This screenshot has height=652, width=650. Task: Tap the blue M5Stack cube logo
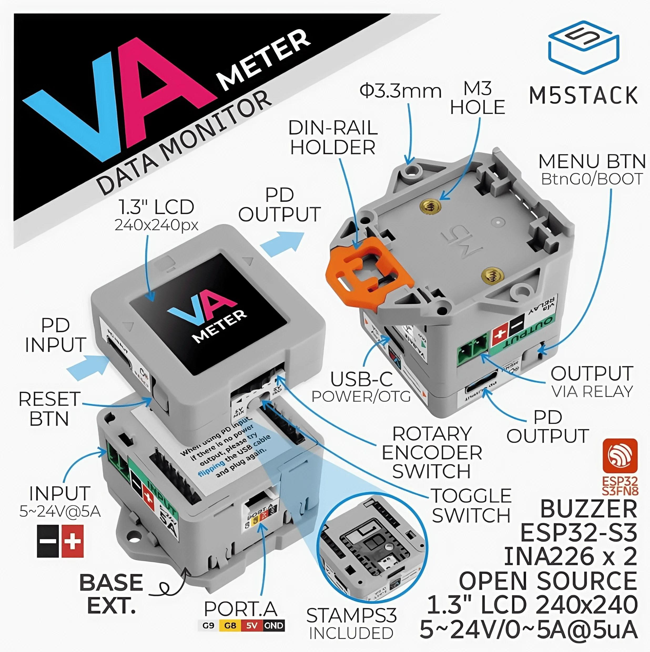click(583, 47)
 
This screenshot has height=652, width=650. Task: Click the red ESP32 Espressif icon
click(620, 456)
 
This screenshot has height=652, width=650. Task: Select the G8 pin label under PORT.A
click(230, 626)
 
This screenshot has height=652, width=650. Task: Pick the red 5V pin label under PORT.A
click(252, 626)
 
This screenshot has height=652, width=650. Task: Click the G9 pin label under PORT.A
click(208, 626)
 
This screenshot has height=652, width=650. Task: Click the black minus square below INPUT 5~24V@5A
click(48, 541)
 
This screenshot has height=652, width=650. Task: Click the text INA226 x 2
click(570, 557)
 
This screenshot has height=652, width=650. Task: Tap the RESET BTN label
click(49, 409)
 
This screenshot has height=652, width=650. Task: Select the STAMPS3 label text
click(351, 615)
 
